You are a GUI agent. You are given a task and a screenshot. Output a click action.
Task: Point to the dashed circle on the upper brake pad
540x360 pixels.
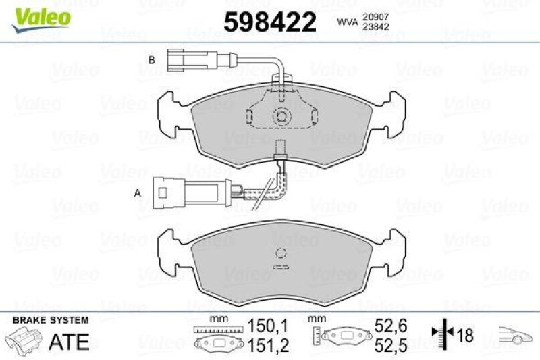[280, 115]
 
